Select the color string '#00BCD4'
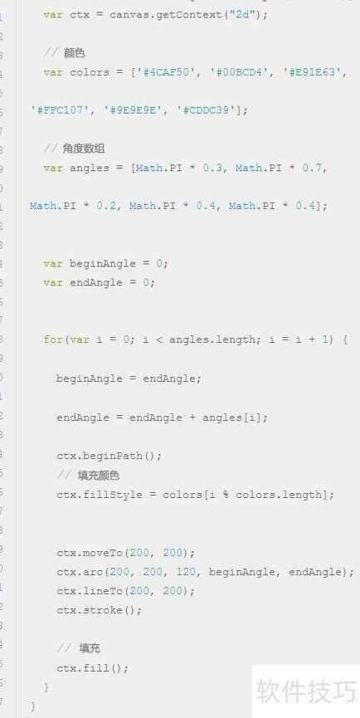pyautogui.click(x=241, y=72)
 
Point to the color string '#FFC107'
pyautogui.click(x=61, y=110)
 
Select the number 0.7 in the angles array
pyautogui.click(x=312, y=168)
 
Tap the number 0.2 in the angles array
pyautogui.click(x=106, y=206)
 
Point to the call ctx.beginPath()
pyautogui.click(x=109, y=456)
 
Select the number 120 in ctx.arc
pyautogui.click(x=186, y=572)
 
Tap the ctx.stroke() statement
pyautogui.click(x=100, y=610)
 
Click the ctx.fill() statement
pyautogui.click(x=93, y=668)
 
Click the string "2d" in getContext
pyautogui.click(x=242, y=15)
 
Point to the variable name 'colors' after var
pyautogui.click(x=90, y=72)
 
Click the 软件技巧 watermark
pyautogui.click(x=305, y=691)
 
